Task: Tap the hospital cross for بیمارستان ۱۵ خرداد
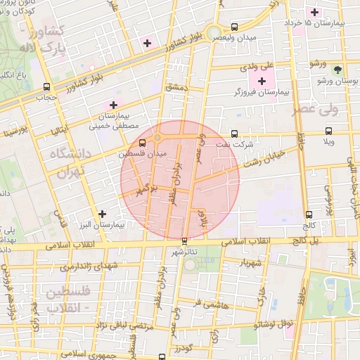click(x=314, y=12)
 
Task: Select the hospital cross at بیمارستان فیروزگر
click(x=262, y=82)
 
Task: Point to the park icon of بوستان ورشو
click(x=338, y=70)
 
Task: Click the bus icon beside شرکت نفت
click(x=234, y=133)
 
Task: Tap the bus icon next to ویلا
click(x=328, y=131)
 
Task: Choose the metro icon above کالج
click(x=309, y=214)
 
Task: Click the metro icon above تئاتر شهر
click(x=185, y=240)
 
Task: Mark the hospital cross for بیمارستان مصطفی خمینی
click(x=113, y=105)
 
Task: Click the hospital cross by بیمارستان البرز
click(x=103, y=214)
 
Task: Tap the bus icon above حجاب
click(x=47, y=88)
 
